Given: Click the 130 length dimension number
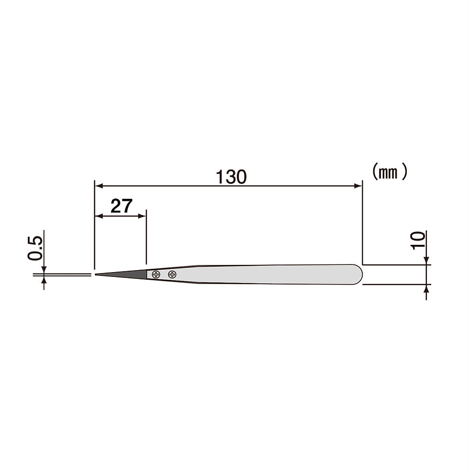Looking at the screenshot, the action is (x=231, y=177).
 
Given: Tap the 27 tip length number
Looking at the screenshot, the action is (x=122, y=206).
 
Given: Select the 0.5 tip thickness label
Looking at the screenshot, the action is (x=35, y=248).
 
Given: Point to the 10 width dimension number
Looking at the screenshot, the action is (x=418, y=240).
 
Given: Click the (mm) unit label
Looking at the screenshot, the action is (x=390, y=172).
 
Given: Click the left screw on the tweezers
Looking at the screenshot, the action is (x=156, y=274).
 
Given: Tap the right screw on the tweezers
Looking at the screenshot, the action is (x=172, y=274).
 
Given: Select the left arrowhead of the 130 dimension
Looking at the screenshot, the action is (x=99, y=186).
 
